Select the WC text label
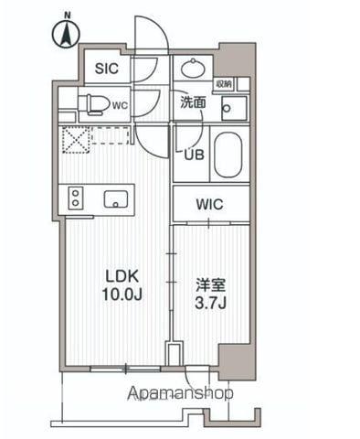pos(119,103)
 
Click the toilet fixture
pos(91,102)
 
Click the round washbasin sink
pos(193,68)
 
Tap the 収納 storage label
pos(225,84)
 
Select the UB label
pos(194,155)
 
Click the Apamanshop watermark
pos(180,392)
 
